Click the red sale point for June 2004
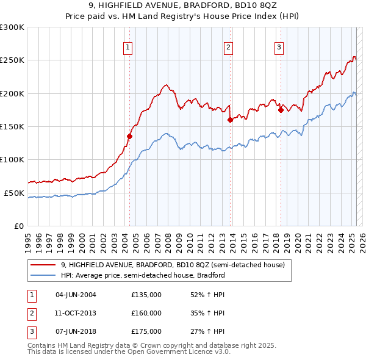click(129, 136)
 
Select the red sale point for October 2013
click(230, 120)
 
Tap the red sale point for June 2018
click(281, 110)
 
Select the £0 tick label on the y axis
click(18, 226)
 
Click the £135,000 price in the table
click(146, 295)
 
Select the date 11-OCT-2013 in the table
click(76, 313)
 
